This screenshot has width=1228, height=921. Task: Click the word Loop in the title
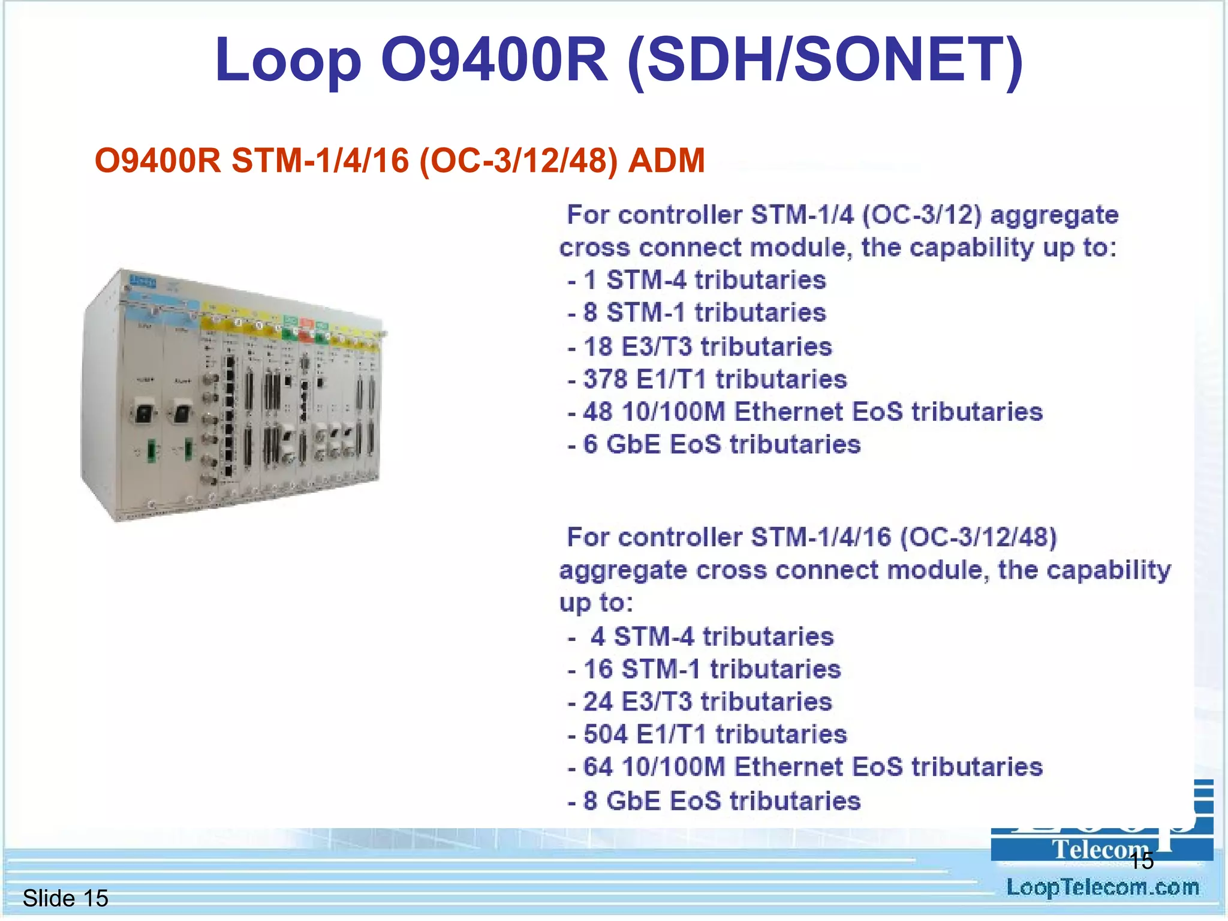pyautogui.click(x=288, y=60)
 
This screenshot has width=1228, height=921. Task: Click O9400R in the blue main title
pyautogui.click(x=494, y=60)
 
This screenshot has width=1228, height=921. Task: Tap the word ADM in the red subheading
pyautogui.click(x=666, y=161)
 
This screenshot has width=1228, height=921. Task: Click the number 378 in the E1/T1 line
pyautogui.click(x=605, y=380)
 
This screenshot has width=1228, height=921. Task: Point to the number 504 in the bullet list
pyautogui.click(x=605, y=735)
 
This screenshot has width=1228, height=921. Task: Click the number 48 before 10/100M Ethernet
pyautogui.click(x=598, y=413)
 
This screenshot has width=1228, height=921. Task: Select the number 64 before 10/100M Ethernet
pyautogui.click(x=598, y=767)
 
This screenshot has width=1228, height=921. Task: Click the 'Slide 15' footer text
pyautogui.click(x=65, y=898)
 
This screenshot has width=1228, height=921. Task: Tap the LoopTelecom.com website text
pyautogui.click(x=1102, y=887)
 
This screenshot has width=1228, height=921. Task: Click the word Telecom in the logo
pyautogui.click(x=1095, y=850)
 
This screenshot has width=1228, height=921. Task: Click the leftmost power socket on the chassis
pyautogui.click(x=144, y=413)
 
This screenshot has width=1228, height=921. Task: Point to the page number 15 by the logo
pyautogui.click(x=1141, y=861)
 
